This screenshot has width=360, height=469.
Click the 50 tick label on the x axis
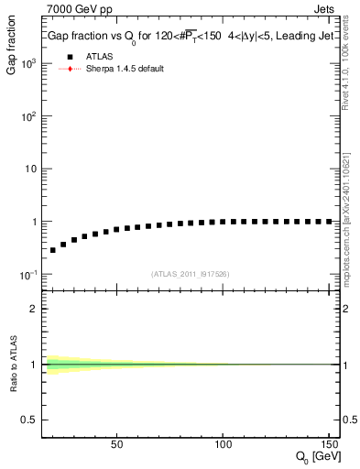click(116, 445)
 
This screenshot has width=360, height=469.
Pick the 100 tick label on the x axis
click(223, 445)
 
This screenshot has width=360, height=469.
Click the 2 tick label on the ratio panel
click(35, 309)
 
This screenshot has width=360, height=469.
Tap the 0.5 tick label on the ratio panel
click(31, 420)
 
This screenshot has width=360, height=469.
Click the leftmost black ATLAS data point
click(52, 250)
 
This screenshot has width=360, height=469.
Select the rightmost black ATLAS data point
click(329, 222)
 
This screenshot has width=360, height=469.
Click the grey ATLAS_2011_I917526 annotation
click(190, 273)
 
